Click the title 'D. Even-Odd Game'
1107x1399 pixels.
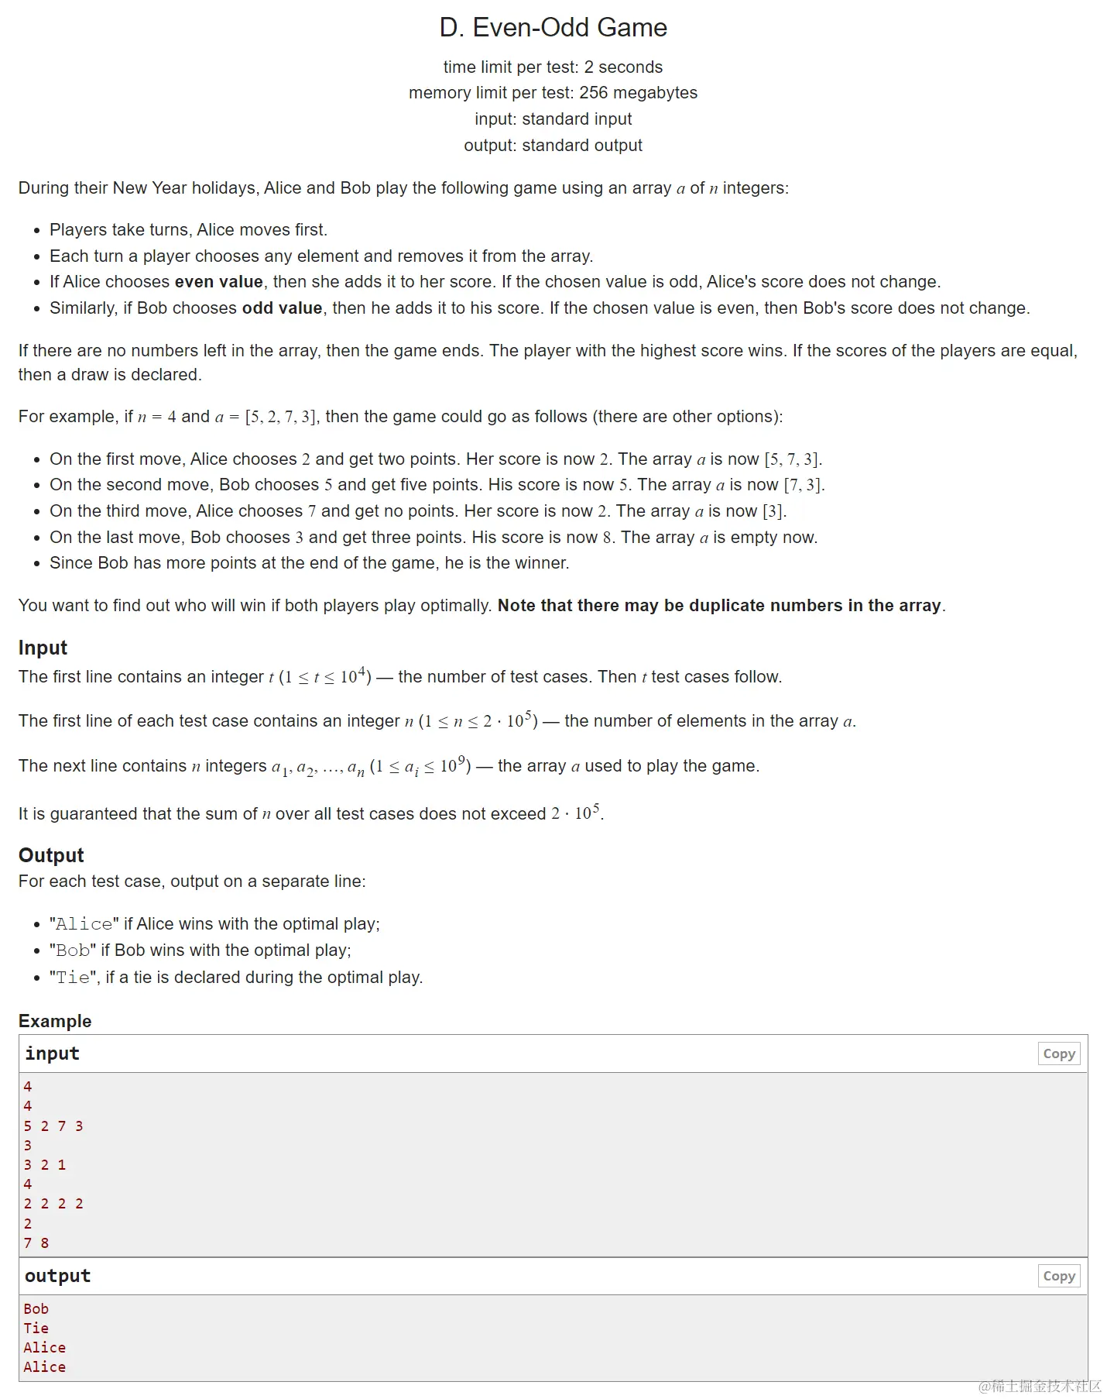pos(553,28)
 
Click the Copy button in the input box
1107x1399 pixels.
pos(1058,1054)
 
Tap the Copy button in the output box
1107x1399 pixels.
pos(1058,1276)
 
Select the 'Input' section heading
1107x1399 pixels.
pos(43,648)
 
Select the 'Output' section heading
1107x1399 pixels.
pos(51,855)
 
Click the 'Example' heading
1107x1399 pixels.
pos(55,1021)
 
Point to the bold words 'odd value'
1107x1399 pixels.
pos(282,308)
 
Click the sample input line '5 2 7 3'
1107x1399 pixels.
pos(53,1126)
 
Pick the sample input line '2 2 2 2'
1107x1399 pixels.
pos(53,1203)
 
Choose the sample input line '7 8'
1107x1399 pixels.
pos(36,1243)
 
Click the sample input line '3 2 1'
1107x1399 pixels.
pos(44,1164)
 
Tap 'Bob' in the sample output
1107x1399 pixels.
pos(36,1308)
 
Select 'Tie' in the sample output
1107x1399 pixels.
pos(36,1328)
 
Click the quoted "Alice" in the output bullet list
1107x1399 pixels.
pos(84,924)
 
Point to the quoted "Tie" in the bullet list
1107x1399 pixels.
pos(73,978)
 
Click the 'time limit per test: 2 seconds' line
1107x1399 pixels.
pos(553,67)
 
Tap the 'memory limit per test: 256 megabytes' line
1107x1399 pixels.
pos(553,93)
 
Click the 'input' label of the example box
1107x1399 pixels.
pos(52,1054)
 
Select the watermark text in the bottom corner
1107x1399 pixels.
pos(1039,1386)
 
